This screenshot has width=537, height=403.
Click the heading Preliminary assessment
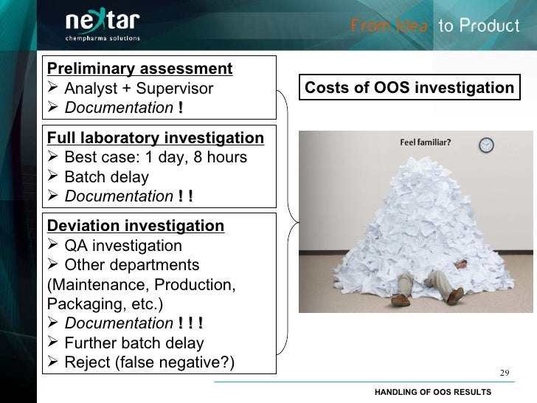point(140,69)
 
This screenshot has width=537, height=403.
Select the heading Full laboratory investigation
point(155,138)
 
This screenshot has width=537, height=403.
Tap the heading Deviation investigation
point(135,225)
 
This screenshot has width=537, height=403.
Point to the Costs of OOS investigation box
point(409,89)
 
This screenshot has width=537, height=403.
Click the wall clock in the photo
point(485,145)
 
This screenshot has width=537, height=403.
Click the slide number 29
point(505,371)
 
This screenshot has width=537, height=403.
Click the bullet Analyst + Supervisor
point(139,89)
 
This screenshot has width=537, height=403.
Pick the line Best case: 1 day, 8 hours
point(155,158)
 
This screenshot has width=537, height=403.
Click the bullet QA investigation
point(123,245)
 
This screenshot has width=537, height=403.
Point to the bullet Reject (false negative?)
point(149,362)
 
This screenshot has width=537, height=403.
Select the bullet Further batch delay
point(134,342)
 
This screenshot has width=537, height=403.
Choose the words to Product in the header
point(479,27)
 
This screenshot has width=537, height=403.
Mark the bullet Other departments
point(131,264)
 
